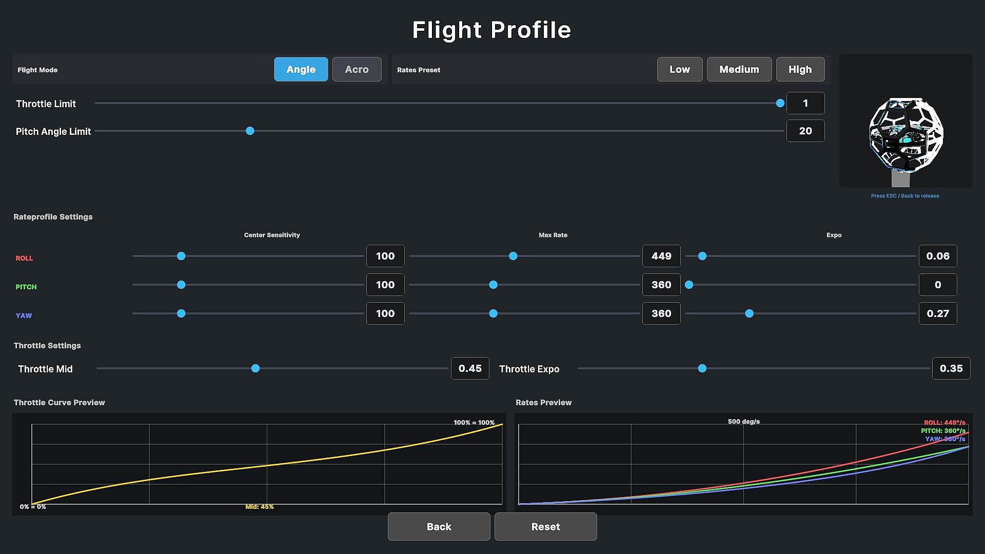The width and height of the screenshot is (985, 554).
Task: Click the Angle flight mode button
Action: point(301,69)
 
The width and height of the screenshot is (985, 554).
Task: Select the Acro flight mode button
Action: point(357,69)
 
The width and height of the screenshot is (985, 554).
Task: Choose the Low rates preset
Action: point(680,69)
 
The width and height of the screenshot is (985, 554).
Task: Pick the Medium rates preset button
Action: point(739,69)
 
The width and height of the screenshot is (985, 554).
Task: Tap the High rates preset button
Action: point(800,69)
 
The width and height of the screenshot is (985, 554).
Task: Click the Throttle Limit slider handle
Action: point(780,103)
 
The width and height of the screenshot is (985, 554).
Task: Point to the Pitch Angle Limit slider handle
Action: point(250,131)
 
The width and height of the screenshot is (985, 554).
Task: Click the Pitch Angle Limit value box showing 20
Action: point(805,131)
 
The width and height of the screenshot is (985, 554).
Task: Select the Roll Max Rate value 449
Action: point(661,256)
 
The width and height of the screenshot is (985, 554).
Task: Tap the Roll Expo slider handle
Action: point(702,256)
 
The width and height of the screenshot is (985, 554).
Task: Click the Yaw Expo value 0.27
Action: point(938,313)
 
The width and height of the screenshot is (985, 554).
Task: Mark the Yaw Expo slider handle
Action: point(750,313)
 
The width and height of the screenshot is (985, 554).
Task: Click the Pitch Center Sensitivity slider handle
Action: point(181,285)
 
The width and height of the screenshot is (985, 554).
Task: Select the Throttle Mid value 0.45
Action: point(470,368)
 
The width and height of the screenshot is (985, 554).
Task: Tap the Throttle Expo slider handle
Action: point(702,368)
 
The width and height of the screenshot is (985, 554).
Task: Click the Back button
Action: point(439,527)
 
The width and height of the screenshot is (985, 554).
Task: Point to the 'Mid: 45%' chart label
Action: point(260,507)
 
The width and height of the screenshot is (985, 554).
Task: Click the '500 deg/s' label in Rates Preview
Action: point(744,422)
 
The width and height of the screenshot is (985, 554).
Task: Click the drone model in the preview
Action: point(906,135)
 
